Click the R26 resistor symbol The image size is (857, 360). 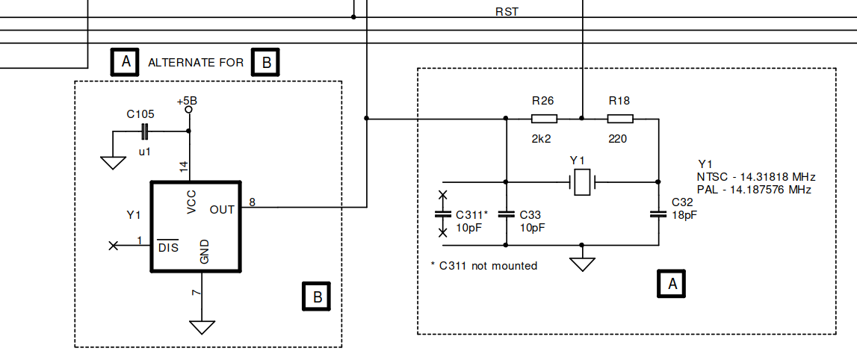[x=544, y=119]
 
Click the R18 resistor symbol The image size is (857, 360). [x=620, y=119]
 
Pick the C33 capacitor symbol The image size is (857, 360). [x=506, y=214]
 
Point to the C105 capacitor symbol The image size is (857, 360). [x=145, y=132]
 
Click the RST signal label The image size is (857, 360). [x=507, y=12]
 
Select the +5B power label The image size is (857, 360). [x=188, y=100]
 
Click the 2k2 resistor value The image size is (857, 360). [x=542, y=139]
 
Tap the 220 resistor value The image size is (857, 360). [x=617, y=139]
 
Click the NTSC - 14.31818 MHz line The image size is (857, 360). [x=755, y=177]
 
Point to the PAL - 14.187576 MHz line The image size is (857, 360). [x=754, y=190]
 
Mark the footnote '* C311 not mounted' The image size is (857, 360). [x=484, y=265]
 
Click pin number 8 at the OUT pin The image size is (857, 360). [x=253, y=202]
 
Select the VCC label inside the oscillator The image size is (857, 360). [x=192, y=202]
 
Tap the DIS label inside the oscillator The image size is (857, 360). [x=169, y=248]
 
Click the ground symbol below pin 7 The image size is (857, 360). [x=202, y=327]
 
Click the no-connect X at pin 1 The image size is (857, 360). [x=114, y=245]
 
